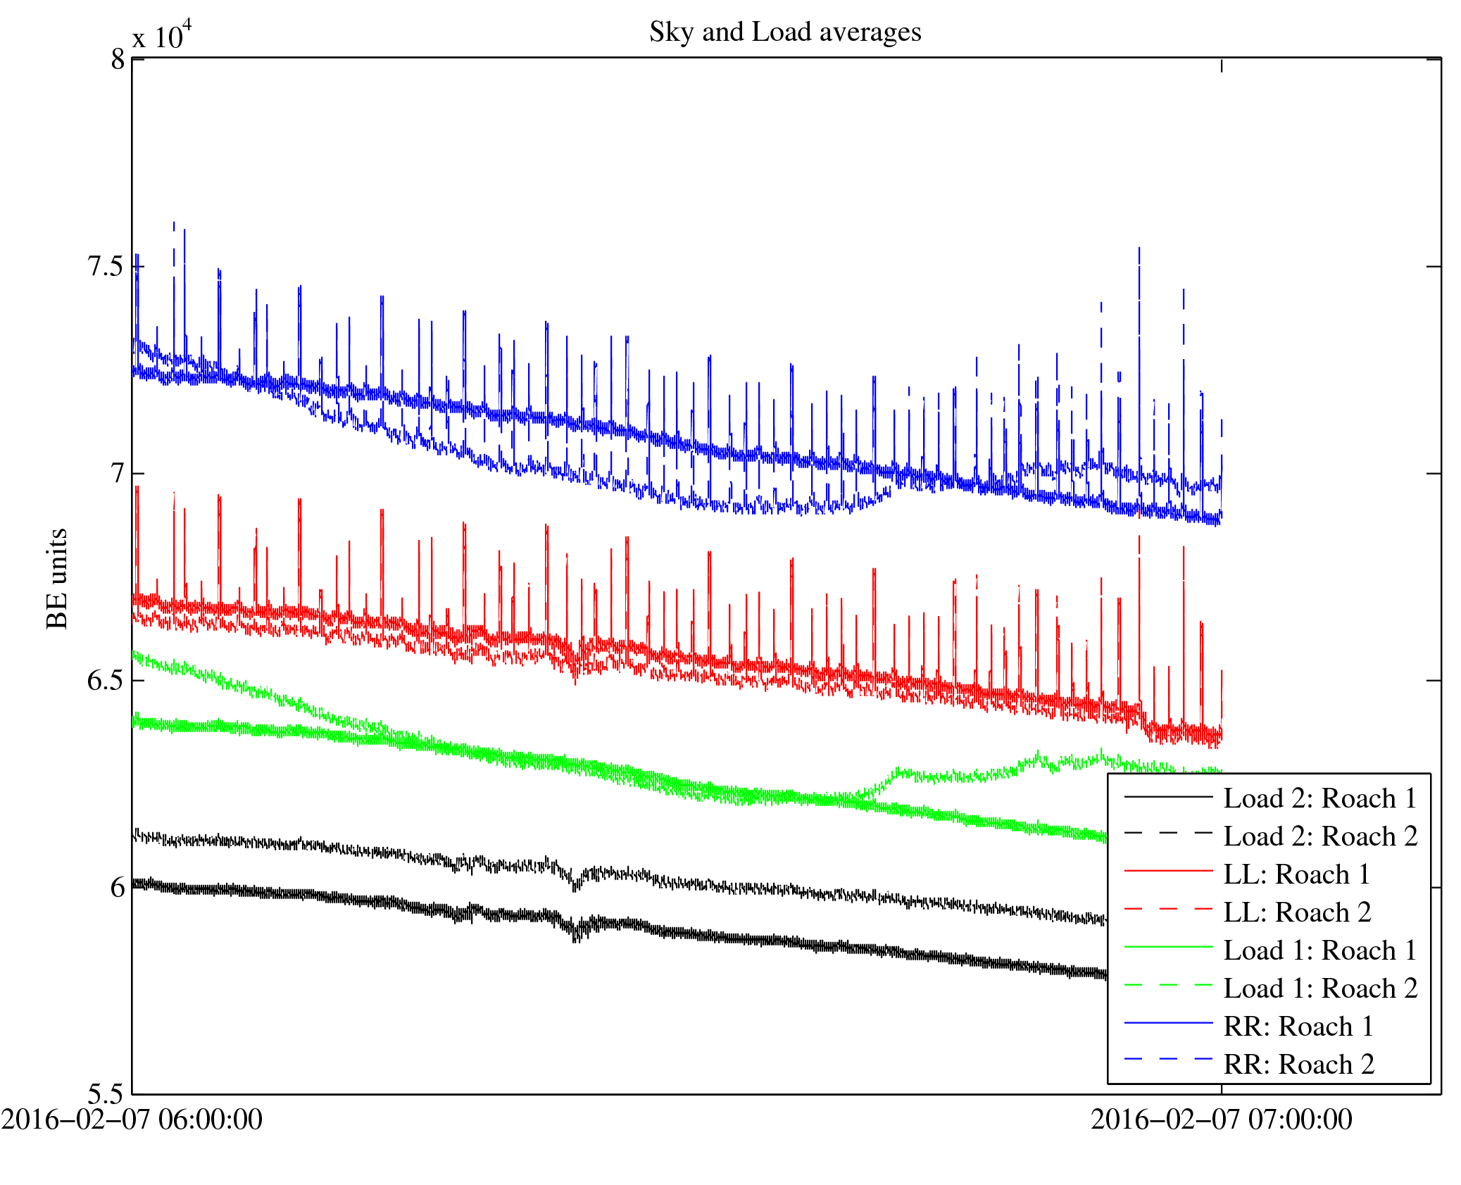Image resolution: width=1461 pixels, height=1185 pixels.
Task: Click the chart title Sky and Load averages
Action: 784,32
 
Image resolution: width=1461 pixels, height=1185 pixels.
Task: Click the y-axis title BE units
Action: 57,578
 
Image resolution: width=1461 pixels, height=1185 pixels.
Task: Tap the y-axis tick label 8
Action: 118,60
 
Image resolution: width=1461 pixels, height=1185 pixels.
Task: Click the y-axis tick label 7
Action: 117,474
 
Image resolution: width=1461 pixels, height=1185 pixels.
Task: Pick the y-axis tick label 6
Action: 117,888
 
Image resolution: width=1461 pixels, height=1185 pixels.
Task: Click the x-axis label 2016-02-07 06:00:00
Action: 132,1120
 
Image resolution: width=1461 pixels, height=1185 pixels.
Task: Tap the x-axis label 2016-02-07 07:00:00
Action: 1221,1120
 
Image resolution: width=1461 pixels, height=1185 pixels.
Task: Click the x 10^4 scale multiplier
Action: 162,35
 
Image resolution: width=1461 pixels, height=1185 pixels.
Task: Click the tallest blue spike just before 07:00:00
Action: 1139,251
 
